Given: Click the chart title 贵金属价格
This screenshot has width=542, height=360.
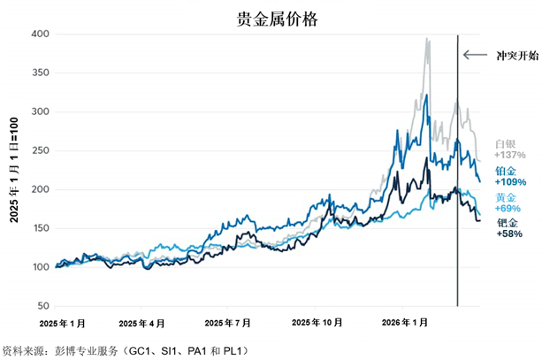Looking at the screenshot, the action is point(277,19).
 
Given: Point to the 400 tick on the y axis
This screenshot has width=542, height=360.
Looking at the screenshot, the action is point(40,34).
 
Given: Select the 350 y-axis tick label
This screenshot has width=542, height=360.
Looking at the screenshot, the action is point(40,73).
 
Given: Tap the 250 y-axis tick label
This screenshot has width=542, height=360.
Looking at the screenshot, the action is point(40,150).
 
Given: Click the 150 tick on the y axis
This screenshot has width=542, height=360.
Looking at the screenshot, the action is point(40,228).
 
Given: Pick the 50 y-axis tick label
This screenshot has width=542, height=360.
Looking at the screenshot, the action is point(42,306).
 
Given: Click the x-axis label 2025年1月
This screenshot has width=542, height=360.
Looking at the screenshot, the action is point(62,324).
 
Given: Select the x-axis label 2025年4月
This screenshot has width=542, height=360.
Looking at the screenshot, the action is point(141,324).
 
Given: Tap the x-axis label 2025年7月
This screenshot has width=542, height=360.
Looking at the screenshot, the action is point(227,324).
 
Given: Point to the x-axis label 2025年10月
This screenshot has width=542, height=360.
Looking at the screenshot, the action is point(317,323).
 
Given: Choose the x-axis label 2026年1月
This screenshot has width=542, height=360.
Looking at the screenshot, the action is point(405,323).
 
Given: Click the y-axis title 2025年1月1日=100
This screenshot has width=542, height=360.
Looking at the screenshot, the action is point(14,170).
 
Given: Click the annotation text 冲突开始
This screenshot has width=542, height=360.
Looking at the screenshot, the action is point(517,56).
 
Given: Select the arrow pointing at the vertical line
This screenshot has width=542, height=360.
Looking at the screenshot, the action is point(475,55).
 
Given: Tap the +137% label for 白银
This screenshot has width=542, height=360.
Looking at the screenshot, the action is point(510,155).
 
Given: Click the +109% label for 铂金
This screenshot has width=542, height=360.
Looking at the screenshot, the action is point(510,182).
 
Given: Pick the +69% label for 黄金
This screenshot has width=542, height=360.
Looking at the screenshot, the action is point(508,208).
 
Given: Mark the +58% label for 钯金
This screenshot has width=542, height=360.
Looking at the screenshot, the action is point(509,234).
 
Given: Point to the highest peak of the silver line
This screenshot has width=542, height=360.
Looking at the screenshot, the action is point(426,38).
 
